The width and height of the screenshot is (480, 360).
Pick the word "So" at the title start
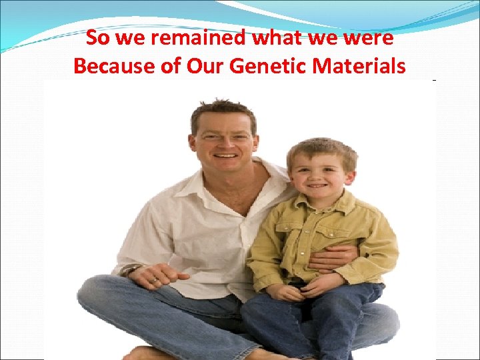coord(97,39)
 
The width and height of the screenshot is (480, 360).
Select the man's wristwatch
coord(131,269)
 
